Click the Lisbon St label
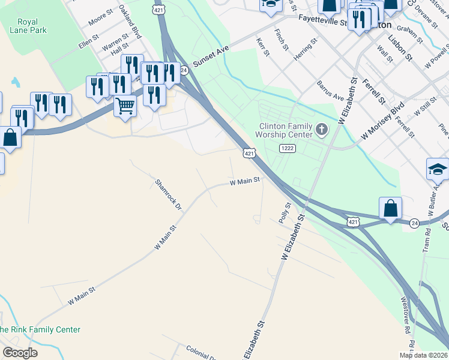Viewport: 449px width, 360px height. [x=400, y=48]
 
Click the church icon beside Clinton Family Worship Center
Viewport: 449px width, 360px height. [x=322, y=130]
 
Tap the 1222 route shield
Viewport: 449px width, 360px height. [x=286, y=148]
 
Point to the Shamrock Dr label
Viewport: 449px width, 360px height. [x=168, y=194]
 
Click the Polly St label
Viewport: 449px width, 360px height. [x=285, y=213]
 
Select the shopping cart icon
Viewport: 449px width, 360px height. [x=125, y=106]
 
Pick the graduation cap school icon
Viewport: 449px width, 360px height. [x=437, y=170]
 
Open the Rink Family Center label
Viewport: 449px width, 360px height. [x=40, y=329]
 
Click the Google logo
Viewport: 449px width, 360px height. [x=20, y=353]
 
